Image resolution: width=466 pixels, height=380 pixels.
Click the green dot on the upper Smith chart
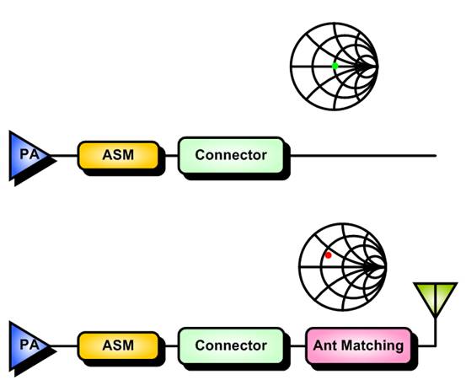335,66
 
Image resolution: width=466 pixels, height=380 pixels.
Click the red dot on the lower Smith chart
328,255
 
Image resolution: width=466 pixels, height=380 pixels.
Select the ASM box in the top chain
118,155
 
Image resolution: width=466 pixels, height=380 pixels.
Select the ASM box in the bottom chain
118,345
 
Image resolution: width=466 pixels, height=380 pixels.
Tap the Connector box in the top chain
231,155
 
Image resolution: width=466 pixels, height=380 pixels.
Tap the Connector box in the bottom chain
231,345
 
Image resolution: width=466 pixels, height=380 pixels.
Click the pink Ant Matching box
359,345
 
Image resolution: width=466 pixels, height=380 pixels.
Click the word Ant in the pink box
325,345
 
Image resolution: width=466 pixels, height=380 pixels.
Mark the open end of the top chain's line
436,155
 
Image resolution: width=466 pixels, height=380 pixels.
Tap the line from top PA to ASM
64,155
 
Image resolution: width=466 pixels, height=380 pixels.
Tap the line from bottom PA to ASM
64,345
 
